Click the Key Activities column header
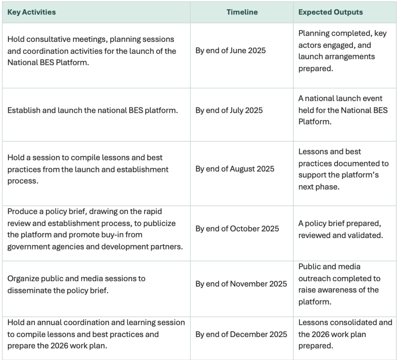point(31,12)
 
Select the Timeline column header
point(242,12)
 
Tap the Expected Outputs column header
point(330,12)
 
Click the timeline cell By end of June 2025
point(230,50)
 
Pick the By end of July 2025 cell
point(229,110)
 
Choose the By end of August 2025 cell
point(235,169)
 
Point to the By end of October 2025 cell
point(237,228)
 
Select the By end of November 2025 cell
point(241,284)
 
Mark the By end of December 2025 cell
point(241,334)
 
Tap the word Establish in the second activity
point(23,110)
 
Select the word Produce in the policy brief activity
point(22,211)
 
